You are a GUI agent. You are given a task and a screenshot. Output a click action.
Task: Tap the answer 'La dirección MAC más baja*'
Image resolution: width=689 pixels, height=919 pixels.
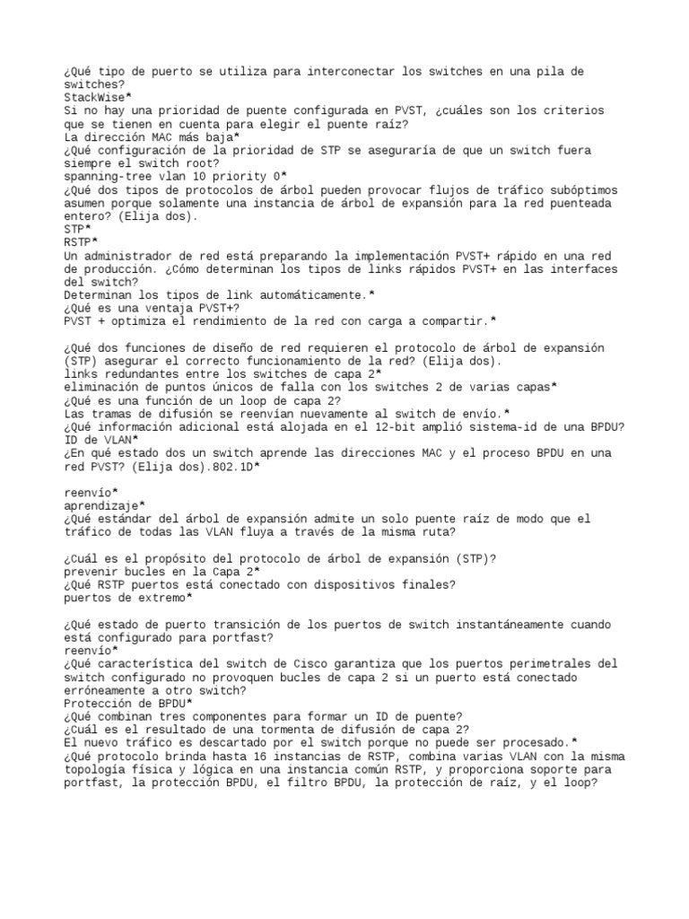tap(152, 136)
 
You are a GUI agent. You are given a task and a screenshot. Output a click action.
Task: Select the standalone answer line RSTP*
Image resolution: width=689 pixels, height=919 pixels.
tap(83, 242)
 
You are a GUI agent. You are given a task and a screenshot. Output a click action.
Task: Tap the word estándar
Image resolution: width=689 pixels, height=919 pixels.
tap(121, 520)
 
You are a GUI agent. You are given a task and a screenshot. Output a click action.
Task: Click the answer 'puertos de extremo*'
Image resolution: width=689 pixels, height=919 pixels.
tap(128, 598)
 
